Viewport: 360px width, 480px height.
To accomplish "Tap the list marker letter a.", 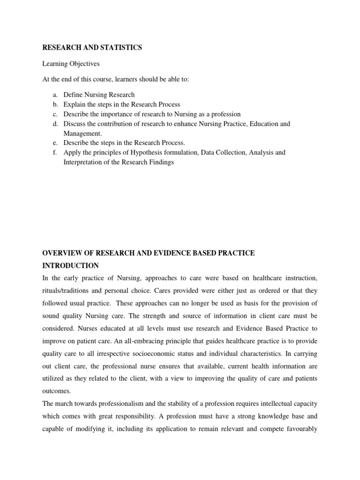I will tap(54, 95).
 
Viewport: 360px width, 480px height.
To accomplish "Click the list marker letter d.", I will tap(54, 124).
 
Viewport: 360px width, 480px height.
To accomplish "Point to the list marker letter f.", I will tap(55, 152).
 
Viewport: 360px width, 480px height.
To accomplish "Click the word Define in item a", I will tap(73, 95).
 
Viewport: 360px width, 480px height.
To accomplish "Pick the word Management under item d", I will tap(82, 133).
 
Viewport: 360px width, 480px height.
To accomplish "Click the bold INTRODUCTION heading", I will tap(71, 266).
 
